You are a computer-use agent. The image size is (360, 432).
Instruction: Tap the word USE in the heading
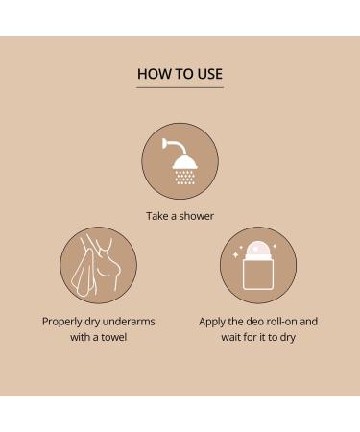(x=209, y=74)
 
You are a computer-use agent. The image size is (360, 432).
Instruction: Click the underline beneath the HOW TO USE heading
(x=180, y=87)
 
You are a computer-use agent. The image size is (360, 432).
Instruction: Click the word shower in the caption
(x=197, y=216)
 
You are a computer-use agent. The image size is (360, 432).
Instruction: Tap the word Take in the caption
(x=157, y=216)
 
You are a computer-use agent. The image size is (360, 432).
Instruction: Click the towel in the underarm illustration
(x=84, y=276)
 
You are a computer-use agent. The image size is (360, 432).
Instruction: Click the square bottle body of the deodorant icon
(x=258, y=274)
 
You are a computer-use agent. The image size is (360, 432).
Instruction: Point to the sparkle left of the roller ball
(x=235, y=254)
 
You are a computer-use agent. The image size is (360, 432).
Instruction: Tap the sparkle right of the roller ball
(x=275, y=246)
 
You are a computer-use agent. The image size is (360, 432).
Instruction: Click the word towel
(x=114, y=337)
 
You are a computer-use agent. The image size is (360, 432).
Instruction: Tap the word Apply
(x=212, y=322)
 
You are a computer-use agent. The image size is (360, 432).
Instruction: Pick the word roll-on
(x=282, y=322)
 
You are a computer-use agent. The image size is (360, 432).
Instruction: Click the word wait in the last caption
(x=230, y=337)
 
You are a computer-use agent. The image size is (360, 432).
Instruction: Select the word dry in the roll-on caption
(x=287, y=338)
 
